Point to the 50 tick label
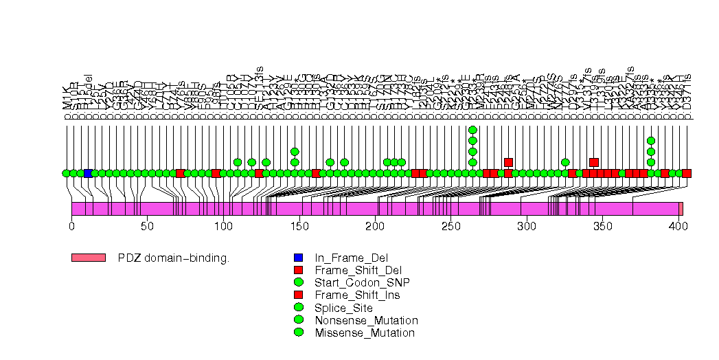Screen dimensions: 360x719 coord(147,226)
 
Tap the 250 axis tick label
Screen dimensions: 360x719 coord(450,226)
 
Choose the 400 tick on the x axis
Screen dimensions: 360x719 coord(678,218)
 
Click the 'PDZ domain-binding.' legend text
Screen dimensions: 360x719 coord(173,258)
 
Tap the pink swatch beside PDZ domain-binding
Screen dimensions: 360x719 coord(88,258)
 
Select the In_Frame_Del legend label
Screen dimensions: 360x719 coord(346,258)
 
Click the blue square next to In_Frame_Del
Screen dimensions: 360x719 coord(299,258)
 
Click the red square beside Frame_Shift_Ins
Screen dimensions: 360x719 coord(299,295)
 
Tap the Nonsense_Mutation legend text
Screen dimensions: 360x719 coord(366,320)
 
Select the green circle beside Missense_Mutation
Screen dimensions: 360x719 coord(299,333)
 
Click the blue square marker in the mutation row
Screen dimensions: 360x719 coord(88,173)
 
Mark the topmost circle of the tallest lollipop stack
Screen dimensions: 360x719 coord(472,130)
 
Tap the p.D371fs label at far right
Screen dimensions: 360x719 coord(687,96)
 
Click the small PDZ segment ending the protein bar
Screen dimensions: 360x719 coord(681,209)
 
